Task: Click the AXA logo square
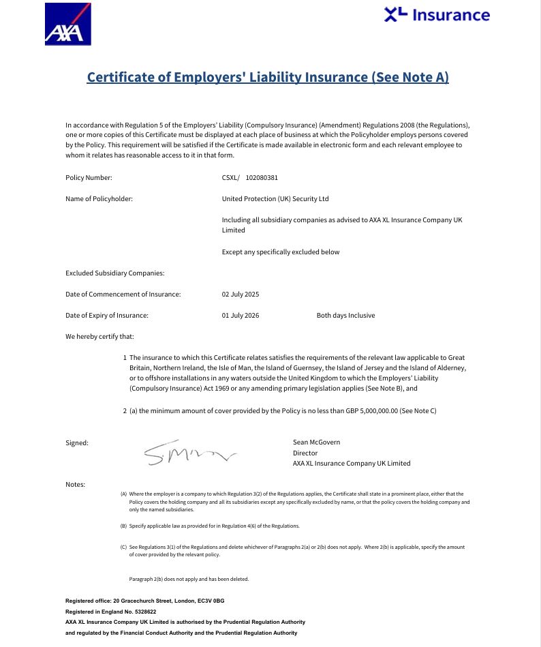(x=67, y=24)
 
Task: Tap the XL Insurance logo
(x=437, y=14)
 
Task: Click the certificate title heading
(x=268, y=76)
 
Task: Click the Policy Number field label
(x=89, y=178)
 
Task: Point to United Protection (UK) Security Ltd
(x=275, y=199)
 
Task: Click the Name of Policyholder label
(x=99, y=199)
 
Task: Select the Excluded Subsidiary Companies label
(x=114, y=273)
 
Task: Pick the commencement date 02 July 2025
(x=241, y=295)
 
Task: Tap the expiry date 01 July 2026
(x=241, y=316)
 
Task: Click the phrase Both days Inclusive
(x=345, y=316)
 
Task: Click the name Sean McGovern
(x=316, y=442)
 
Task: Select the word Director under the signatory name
(x=305, y=453)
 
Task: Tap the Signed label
(x=77, y=443)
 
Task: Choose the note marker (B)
(x=123, y=526)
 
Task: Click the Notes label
(x=75, y=485)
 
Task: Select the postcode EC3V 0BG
(x=211, y=601)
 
